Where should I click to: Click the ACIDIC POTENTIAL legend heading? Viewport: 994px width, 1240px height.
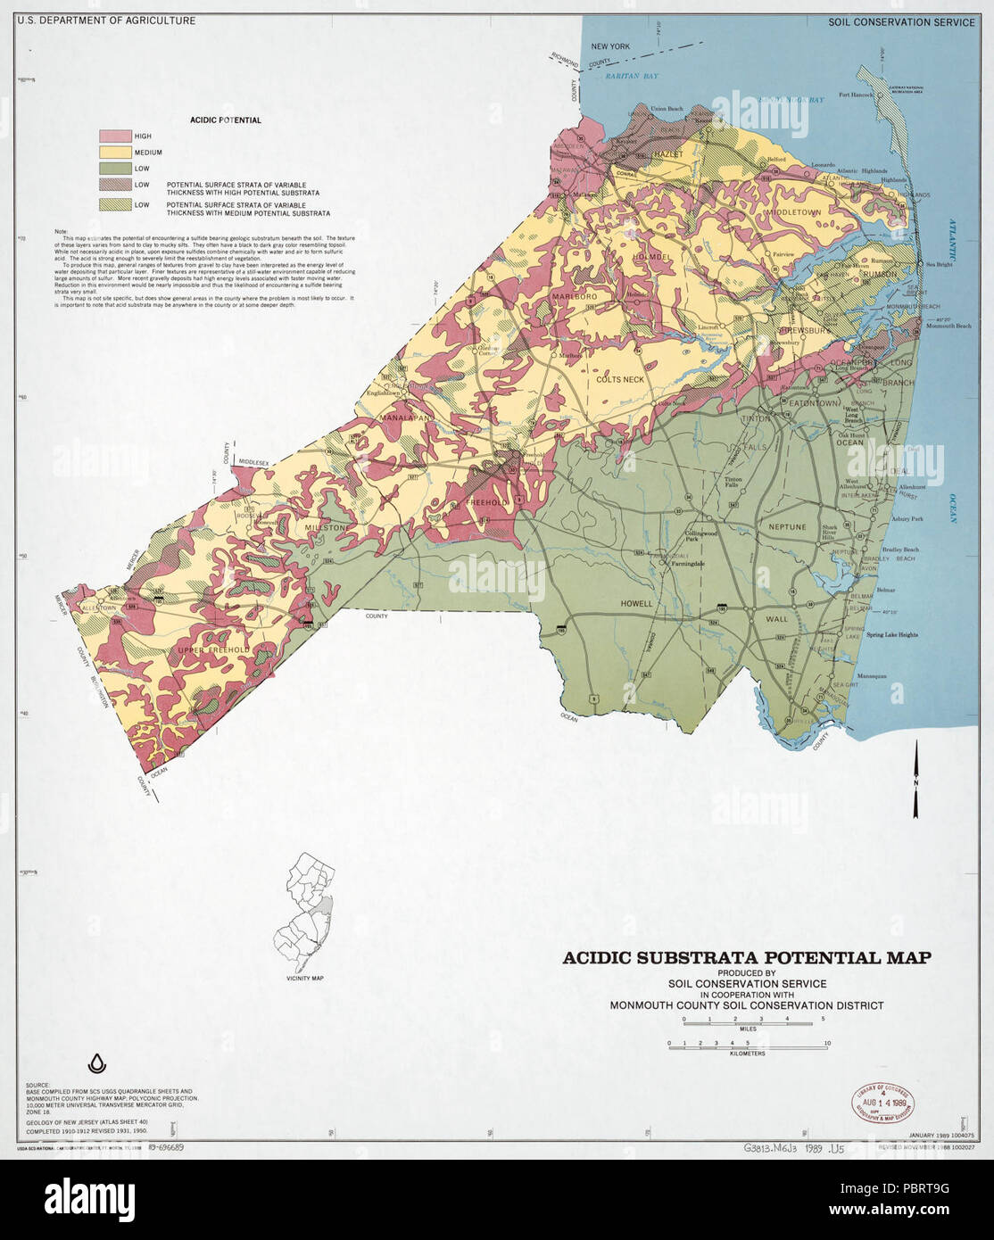225,120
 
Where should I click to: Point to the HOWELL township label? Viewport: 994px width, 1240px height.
638,604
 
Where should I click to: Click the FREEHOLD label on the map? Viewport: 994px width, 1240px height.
486,502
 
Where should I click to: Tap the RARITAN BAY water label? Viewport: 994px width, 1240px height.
631,78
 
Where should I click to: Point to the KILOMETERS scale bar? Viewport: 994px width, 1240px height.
748,1043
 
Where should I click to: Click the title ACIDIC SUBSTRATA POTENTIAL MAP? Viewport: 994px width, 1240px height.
747,958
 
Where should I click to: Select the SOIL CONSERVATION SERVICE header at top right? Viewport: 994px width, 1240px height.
901,22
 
